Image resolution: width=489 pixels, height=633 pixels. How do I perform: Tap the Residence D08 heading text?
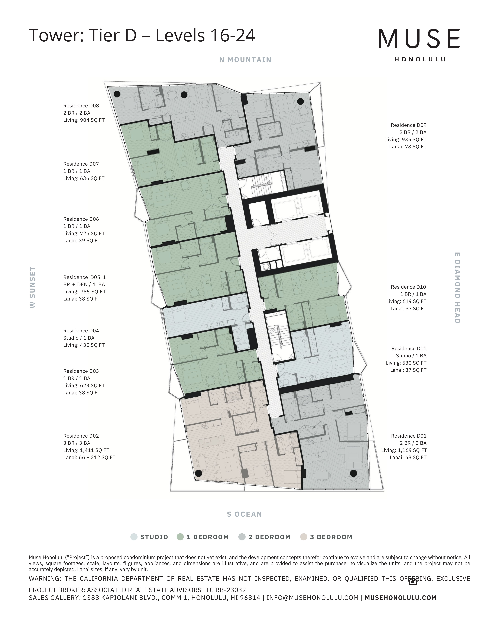(x=81, y=106)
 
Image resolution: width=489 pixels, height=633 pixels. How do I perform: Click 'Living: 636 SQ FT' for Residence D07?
(x=84, y=178)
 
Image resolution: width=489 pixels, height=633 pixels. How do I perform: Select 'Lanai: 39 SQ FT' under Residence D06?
(x=82, y=241)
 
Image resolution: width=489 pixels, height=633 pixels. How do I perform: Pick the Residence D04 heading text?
(x=81, y=331)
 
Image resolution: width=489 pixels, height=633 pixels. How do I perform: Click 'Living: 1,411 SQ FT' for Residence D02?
(x=86, y=450)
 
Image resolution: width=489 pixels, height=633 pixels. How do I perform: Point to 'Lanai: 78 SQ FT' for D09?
(x=408, y=147)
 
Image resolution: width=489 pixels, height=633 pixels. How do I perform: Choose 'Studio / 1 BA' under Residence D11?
(x=411, y=356)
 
